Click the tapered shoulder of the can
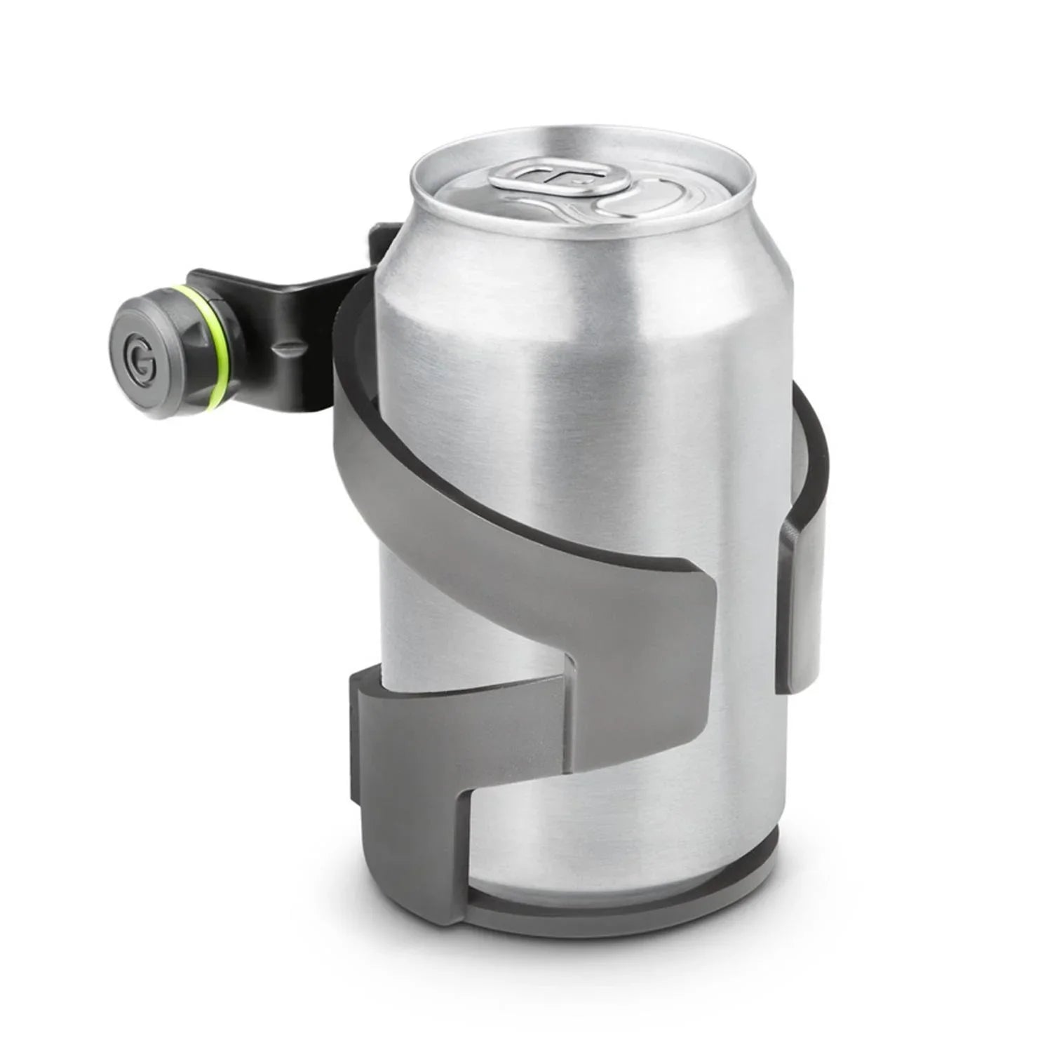pyautogui.click(x=582, y=267)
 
